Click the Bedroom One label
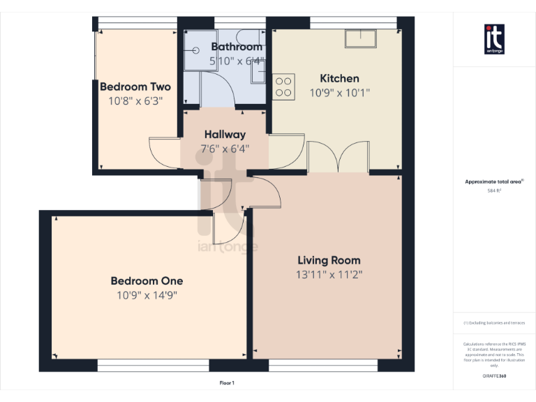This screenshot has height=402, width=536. [147, 281]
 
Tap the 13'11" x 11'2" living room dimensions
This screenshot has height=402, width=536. [329, 274]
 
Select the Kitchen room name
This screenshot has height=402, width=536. [339, 78]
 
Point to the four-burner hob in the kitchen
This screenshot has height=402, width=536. [283, 87]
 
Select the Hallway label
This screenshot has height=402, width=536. [225, 134]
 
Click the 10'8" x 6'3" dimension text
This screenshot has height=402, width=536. [135, 100]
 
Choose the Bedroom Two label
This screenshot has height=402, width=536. [135, 87]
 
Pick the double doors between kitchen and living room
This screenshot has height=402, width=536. [338, 155]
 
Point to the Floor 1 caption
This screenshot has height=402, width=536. [227, 382]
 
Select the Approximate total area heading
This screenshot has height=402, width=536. [494, 181]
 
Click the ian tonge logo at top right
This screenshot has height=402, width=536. [494, 38]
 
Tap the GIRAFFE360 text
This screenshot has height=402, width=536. [494, 376]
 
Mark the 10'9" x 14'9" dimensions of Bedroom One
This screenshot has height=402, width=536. [147, 295]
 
